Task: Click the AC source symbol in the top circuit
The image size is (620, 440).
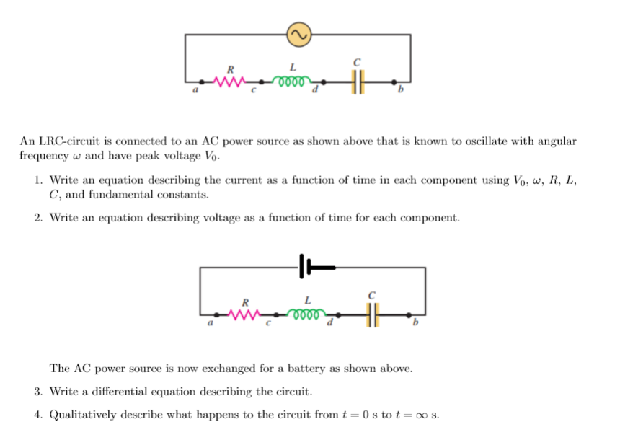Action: tap(298, 33)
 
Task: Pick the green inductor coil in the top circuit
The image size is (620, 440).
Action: tap(292, 80)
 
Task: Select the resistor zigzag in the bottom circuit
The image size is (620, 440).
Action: tap(245, 314)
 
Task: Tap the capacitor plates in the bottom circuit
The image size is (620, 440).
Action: tap(372, 314)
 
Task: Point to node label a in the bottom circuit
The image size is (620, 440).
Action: tap(210, 325)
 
